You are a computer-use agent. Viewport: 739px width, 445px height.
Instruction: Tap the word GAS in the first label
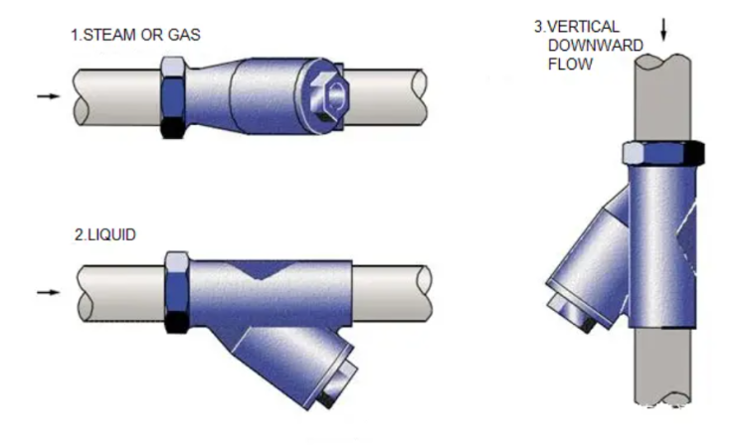pyautogui.click(x=184, y=35)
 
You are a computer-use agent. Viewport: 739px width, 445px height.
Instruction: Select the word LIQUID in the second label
pyautogui.click(x=111, y=234)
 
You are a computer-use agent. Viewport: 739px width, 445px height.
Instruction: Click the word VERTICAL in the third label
pyautogui.click(x=583, y=27)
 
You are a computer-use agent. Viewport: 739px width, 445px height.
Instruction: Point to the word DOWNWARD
pyautogui.click(x=595, y=46)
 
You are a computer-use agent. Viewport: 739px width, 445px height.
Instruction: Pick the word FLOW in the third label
pyautogui.click(x=570, y=64)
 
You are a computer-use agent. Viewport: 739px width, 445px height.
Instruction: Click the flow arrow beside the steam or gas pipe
pyautogui.click(x=49, y=96)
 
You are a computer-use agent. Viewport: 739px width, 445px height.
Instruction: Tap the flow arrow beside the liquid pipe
pyautogui.click(x=49, y=292)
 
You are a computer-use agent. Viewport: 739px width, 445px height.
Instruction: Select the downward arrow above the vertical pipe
pyautogui.click(x=663, y=30)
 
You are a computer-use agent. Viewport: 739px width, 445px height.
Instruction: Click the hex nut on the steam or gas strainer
pyautogui.click(x=173, y=97)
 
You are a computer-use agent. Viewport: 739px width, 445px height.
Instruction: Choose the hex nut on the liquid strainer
pyautogui.click(x=177, y=292)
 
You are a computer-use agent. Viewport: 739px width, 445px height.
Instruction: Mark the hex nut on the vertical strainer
pyautogui.click(x=663, y=153)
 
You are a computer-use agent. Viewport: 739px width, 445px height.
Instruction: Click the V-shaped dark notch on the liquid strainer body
pyautogui.click(x=262, y=269)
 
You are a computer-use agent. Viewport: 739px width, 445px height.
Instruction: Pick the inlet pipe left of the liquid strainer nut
pyautogui.click(x=121, y=293)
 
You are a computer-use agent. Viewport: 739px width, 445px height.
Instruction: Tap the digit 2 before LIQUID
pyautogui.click(x=79, y=234)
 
